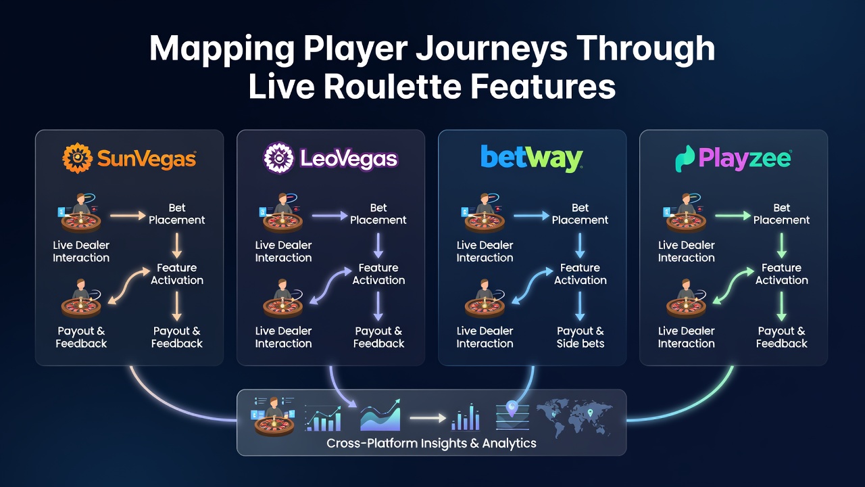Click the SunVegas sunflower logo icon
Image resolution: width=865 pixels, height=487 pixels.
(77, 158)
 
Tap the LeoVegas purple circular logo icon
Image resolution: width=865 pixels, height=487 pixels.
(278, 158)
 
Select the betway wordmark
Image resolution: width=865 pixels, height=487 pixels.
(531, 158)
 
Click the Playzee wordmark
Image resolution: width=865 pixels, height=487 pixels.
(745, 158)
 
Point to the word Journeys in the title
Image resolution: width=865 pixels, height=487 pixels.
(491, 50)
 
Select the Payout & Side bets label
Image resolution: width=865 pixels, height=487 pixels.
(580, 337)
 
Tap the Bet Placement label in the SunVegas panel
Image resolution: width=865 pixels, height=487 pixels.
(177, 214)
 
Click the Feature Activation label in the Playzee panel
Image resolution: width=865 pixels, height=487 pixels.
(782, 274)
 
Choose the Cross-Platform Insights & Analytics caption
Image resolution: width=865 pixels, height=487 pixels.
(431, 443)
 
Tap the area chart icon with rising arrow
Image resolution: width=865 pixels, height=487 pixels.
(380, 415)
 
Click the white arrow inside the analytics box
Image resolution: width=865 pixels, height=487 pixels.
(428, 418)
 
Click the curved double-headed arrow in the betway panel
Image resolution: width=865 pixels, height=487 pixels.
(532, 286)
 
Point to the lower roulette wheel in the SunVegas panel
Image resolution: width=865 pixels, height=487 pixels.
(81, 308)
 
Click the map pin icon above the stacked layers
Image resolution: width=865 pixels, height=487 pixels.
(512, 409)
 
